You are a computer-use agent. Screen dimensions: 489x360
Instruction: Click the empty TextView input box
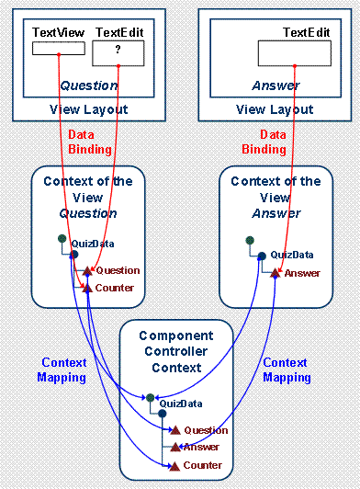tap(58, 49)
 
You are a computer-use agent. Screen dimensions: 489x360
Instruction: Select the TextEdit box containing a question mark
tap(118, 53)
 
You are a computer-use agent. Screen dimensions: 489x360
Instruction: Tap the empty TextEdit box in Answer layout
tap(293, 53)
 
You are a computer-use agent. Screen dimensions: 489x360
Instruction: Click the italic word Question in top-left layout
tap(89, 85)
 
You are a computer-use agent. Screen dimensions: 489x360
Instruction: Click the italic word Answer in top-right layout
tap(276, 85)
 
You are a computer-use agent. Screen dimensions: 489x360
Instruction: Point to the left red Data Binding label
tap(89, 142)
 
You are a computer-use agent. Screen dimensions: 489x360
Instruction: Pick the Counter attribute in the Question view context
tap(114, 288)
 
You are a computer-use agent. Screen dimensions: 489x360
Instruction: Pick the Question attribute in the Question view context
tap(117, 270)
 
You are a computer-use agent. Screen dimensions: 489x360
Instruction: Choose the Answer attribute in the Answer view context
tap(301, 273)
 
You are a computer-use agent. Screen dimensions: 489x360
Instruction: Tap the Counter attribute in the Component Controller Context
tap(203, 465)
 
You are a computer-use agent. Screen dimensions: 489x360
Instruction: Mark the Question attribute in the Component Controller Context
tap(205, 430)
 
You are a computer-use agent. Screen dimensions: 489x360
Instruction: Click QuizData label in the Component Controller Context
tap(178, 403)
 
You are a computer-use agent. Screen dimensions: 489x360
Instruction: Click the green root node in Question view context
tap(60, 239)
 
